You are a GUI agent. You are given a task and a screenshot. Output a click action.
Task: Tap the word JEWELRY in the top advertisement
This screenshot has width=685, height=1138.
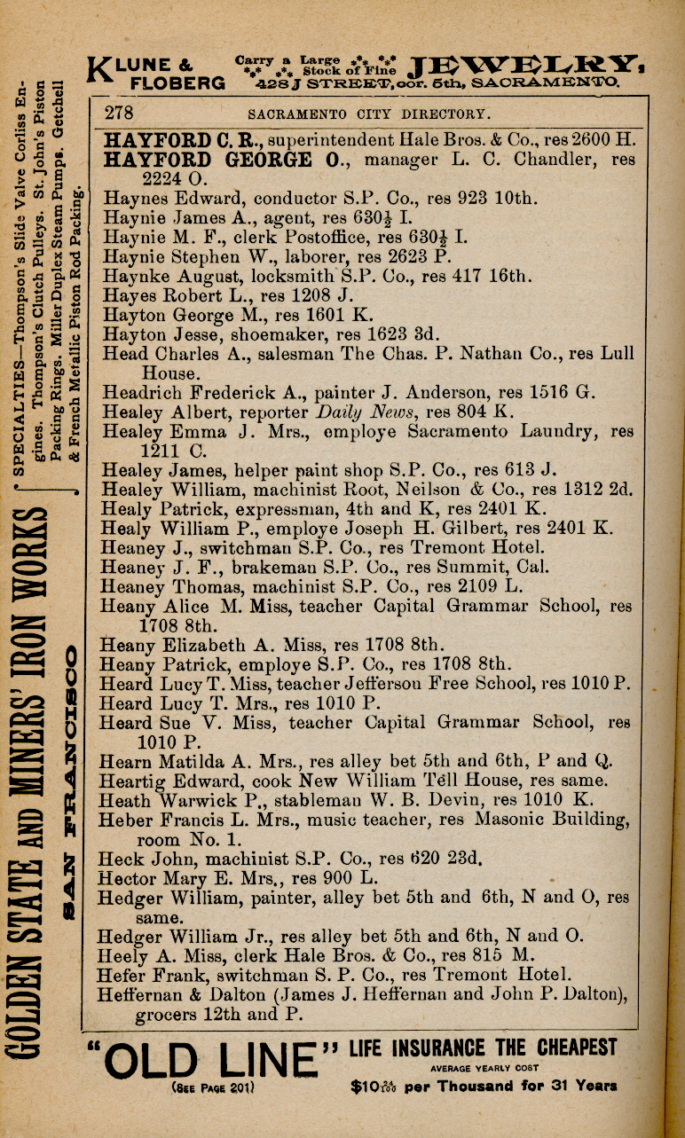[526, 65]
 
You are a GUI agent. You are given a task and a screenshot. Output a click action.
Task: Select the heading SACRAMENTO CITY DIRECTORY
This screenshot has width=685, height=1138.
[367, 114]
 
